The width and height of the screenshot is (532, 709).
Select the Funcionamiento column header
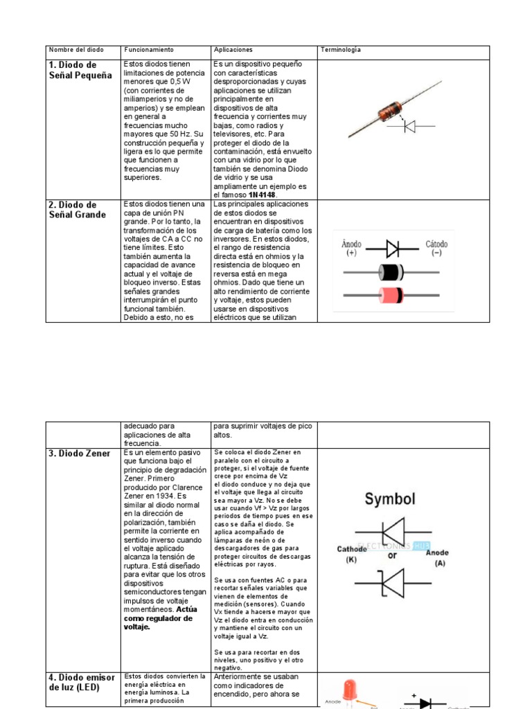coord(148,51)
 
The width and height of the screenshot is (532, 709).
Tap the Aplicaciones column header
coord(233,51)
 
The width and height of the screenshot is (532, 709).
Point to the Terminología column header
coord(340,51)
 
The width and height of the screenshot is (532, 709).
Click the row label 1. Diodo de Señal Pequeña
coord(80,70)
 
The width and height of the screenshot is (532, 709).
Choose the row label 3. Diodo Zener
coord(79,454)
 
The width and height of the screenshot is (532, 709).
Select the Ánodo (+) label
coord(353,249)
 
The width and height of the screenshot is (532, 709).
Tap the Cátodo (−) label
coord(436,249)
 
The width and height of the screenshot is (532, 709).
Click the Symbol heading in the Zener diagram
coord(390,499)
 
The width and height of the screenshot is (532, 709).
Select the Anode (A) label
coord(437,558)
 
